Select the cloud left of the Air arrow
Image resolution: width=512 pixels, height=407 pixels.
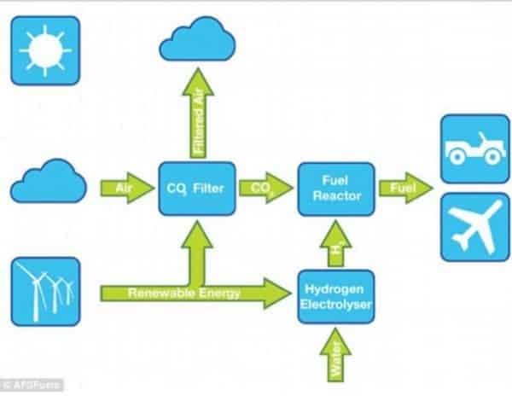tap(49, 182)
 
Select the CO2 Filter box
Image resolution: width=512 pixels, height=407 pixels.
tap(197, 188)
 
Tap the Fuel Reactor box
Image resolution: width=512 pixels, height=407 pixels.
tap(336, 189)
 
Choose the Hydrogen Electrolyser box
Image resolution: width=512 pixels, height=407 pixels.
tap(336, 295)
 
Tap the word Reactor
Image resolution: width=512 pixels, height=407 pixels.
tap(335, 196)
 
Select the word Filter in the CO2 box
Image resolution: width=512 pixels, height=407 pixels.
tap(213, 189)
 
